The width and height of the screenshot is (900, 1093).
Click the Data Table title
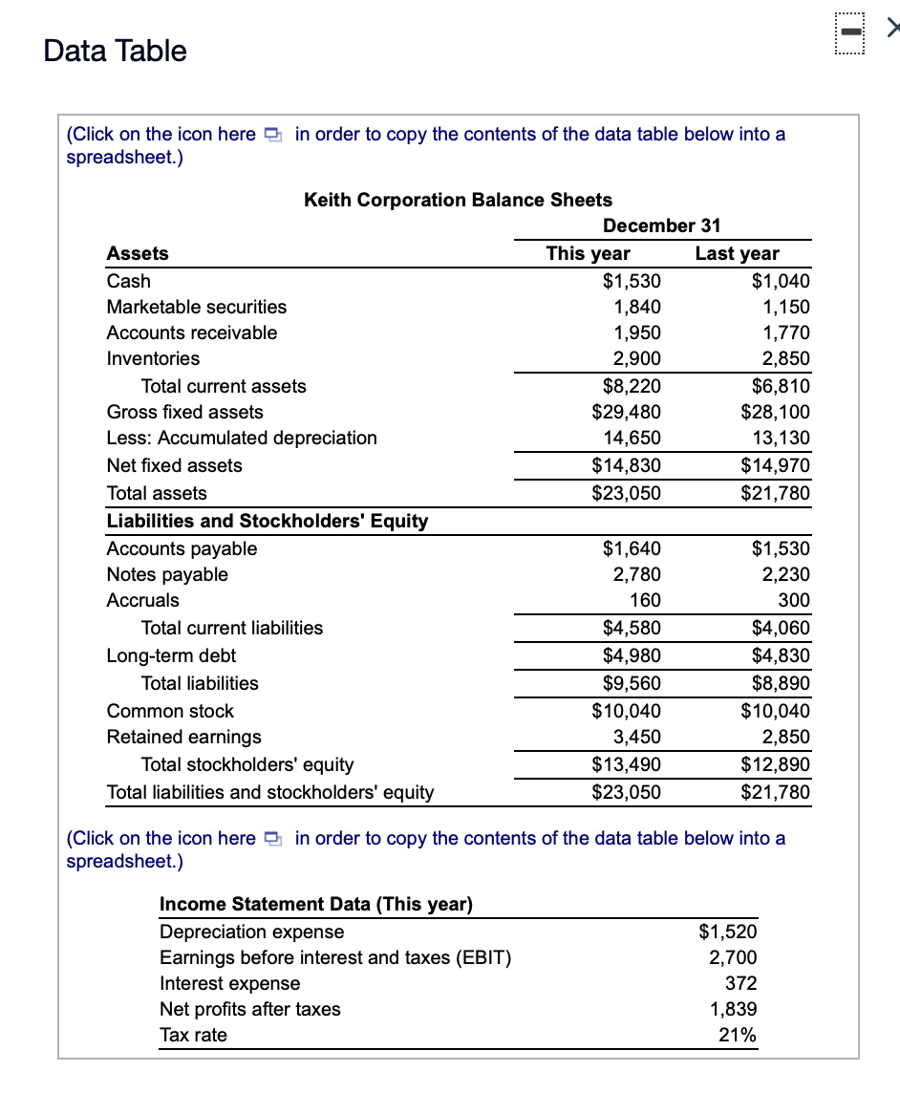(116, 51)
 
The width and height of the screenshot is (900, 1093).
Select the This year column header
(588, 253)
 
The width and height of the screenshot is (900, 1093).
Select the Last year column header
(737, 253)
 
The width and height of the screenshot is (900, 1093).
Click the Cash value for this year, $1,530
(632, 281)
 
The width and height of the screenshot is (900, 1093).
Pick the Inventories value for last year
(786, 358)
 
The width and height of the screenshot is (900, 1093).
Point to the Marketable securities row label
(196, 307)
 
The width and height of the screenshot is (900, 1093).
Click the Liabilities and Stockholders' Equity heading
(267, 521)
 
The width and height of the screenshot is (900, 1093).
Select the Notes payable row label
(167, 574)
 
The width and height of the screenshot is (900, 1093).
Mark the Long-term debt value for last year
(781, 655)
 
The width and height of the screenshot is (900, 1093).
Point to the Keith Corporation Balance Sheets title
(458, 200)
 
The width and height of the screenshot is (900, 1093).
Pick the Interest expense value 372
(741, 983)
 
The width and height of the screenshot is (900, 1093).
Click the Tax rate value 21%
(738, 1035)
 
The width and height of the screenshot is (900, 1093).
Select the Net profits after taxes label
(249, 1009)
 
